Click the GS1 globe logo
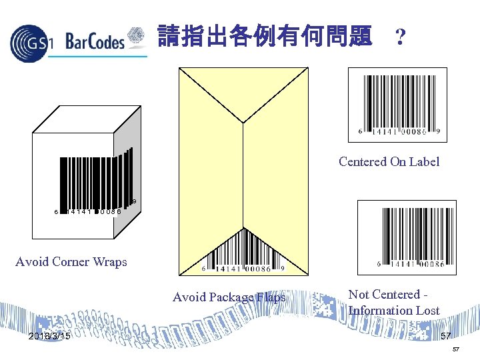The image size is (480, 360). (29, 42)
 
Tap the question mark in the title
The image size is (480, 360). (399, 37)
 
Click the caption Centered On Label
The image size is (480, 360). (389, 162)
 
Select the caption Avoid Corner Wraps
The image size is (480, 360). (71, 262)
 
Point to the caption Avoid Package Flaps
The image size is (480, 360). (229, 297)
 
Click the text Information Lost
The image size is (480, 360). (393, 311)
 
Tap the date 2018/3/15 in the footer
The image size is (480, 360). (50, 336)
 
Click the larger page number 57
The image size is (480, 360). (445, 336)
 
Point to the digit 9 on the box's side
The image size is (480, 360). (134, 201)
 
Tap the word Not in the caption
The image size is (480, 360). (361, 295)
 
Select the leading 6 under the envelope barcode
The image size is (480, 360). (203, 269)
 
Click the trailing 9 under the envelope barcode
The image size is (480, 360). (283, 269)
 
